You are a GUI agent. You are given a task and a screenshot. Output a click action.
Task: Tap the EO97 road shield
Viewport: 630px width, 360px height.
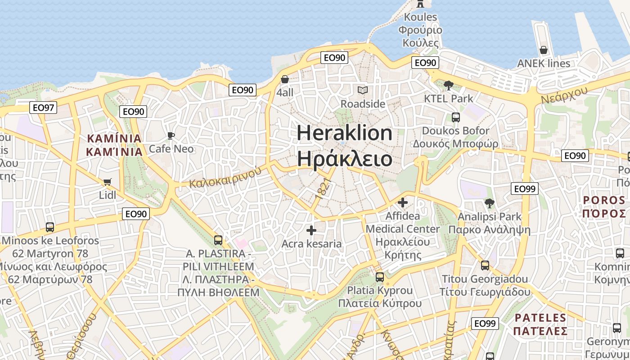(43, 108)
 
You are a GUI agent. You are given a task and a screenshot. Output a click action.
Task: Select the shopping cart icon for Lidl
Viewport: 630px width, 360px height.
(107, 182)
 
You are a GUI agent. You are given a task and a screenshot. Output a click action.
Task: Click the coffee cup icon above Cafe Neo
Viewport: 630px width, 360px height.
(171, 135)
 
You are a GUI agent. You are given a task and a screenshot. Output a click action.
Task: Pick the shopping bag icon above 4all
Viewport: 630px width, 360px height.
(284, 80)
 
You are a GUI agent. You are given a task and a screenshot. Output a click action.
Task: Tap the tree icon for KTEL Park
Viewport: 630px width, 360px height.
(448, 85)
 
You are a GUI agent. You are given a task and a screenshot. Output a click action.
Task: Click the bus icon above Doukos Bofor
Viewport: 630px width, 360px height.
(455, 117)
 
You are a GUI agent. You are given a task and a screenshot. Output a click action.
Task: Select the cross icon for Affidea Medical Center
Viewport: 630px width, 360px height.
(402, 202)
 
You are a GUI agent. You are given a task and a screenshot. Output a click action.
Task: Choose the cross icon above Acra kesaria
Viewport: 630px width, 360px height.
(311, 230)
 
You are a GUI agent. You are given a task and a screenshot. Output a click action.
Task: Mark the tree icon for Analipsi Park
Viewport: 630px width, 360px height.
(489, 203)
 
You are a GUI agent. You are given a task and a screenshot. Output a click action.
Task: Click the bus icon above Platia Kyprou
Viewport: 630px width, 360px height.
(379, 277)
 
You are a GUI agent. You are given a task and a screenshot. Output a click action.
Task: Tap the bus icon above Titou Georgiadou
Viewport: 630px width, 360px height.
(485, 265)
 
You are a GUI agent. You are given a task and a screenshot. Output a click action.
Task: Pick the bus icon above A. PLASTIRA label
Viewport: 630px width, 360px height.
(218, 240)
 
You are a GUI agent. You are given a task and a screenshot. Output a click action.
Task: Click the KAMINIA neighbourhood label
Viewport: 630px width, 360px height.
(114, 144)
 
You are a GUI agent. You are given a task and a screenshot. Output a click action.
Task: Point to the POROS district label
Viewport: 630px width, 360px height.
(604, 206)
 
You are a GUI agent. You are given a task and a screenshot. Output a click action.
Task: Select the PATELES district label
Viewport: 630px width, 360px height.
(540, 324)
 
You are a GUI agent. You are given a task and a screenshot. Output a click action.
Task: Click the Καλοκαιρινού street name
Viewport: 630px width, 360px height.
(225, 177)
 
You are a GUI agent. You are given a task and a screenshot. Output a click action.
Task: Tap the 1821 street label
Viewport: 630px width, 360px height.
(323, 189)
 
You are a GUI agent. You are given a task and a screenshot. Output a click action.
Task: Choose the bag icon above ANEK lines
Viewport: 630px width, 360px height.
(544, 50)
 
